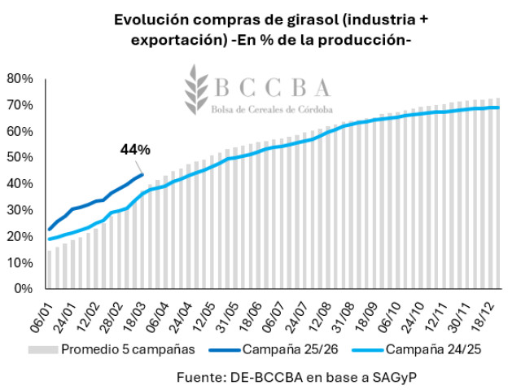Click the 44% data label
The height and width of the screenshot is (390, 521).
(135, 149)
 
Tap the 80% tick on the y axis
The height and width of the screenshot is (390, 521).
(18, 79)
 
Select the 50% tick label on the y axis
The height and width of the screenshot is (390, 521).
(18, 157)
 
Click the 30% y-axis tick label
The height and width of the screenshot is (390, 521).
(18, 210)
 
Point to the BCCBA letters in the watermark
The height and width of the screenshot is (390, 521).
(272, 88)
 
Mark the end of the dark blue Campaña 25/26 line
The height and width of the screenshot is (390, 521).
(142, 173)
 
